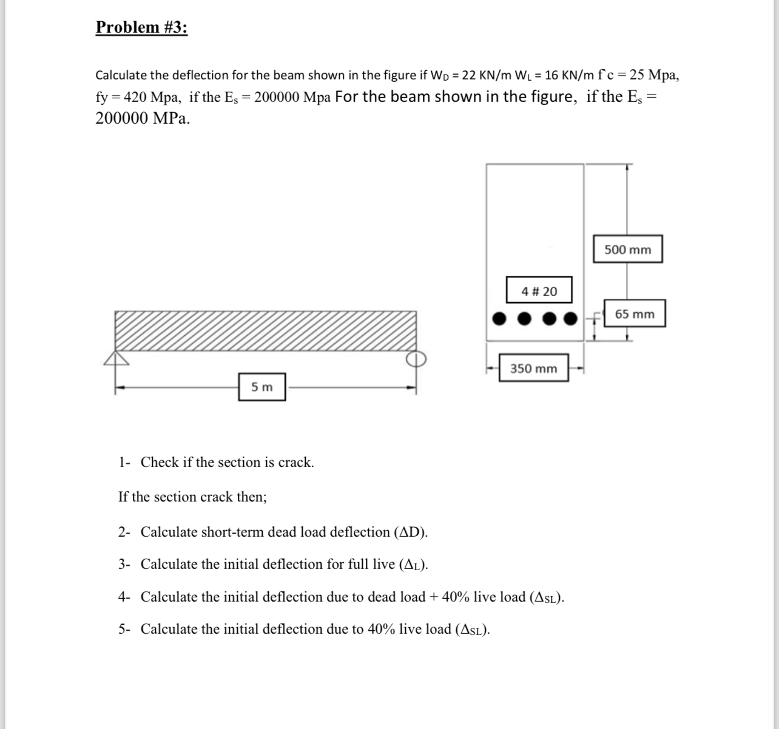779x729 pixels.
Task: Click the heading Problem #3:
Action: point(141,27)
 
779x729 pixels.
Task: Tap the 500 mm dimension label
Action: point(627,250)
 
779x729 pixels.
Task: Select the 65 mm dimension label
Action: point(635,314)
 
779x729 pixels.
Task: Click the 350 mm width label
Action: point(533,368)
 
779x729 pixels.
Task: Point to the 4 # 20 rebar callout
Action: point(539,291)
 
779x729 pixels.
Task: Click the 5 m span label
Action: point(261,387)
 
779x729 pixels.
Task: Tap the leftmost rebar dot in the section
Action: point(499,318)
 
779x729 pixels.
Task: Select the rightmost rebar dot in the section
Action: point(570,318)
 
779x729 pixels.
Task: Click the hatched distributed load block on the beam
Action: point(266,331)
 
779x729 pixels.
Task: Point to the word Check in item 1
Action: point(160,462)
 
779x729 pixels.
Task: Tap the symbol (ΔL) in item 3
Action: point(414,565)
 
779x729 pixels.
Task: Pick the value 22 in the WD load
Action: point(469,75)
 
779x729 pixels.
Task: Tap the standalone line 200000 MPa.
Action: point(143,118)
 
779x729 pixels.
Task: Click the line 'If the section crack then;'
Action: point(192,497)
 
